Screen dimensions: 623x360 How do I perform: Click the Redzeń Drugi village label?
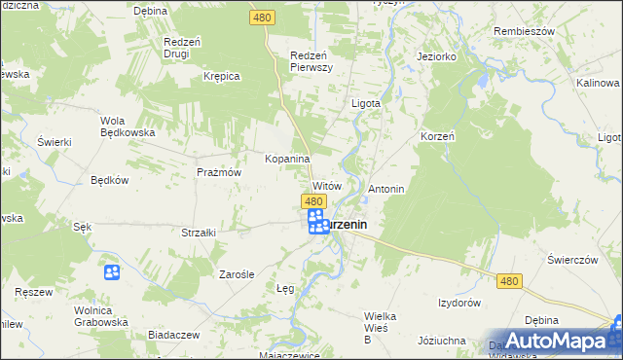click(182, 48)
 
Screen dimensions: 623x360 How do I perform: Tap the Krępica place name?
click(221, 75)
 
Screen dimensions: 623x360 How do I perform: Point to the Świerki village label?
click(55, 142)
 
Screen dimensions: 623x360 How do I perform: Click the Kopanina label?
click(287, 159)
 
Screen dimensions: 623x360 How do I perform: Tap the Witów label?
click(326, 185)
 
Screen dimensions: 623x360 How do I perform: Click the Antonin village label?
click(385, 188)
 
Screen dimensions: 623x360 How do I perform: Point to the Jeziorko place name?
click(437, 56)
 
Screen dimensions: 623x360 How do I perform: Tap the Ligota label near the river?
click(365, 101)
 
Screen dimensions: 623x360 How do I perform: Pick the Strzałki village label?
click(199, 233)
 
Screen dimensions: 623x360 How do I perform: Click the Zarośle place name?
click(237, 274)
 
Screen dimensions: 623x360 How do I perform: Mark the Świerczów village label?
click(571, 260)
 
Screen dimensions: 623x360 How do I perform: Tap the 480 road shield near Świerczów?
click(509, 280)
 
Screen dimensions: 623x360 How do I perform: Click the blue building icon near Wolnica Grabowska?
click(112, 272)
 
